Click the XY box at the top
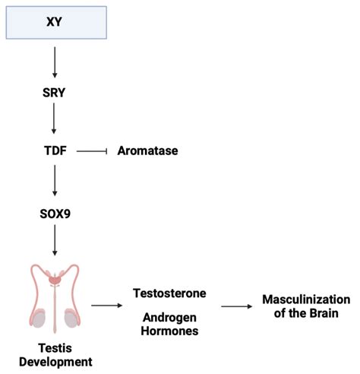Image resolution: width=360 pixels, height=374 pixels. coord(55,20)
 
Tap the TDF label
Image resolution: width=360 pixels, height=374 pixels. coord(55,151)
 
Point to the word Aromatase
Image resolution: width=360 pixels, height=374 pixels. coord(147,151)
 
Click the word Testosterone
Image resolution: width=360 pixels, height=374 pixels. coord(169,293)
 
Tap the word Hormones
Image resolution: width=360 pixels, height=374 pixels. coord(169,331)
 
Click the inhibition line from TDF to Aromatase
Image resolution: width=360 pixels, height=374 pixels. coord(90,151)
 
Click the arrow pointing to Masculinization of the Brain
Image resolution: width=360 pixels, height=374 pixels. coord(237,306)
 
